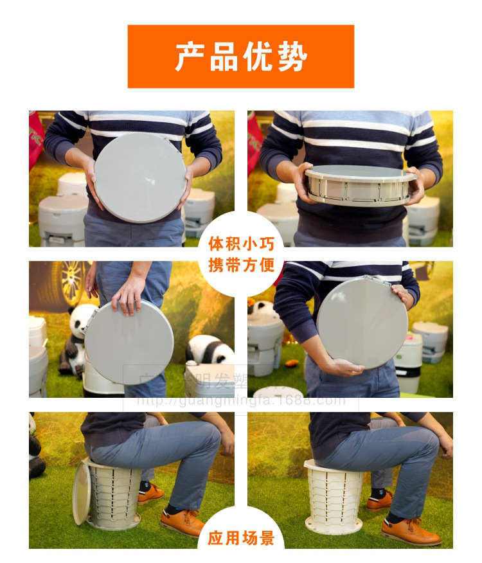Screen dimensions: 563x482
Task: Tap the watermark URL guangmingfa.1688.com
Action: [242, 401]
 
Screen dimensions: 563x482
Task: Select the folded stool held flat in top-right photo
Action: [359, 186]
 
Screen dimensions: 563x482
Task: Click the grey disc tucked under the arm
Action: [362, 322]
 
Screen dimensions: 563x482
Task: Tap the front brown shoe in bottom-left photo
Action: [182, 523]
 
